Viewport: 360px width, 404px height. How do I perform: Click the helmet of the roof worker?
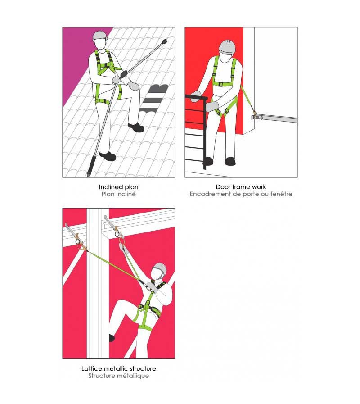[100, 36]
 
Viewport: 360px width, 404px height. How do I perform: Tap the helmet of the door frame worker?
[227, 47]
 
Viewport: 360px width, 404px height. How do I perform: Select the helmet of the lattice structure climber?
[160, 269]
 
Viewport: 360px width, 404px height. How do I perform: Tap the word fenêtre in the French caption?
[281, 194]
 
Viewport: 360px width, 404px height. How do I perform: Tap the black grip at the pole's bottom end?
[91, 166]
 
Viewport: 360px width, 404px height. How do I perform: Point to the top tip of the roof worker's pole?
[165, 41]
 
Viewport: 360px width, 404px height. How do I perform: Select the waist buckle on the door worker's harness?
[220, 84]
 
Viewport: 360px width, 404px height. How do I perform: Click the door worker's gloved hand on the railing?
[196, 96]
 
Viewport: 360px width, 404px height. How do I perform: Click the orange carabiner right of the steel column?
[121, 243]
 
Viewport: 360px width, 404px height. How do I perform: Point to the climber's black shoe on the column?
[112, 338]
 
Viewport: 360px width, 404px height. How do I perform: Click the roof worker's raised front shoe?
[136, 127]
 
